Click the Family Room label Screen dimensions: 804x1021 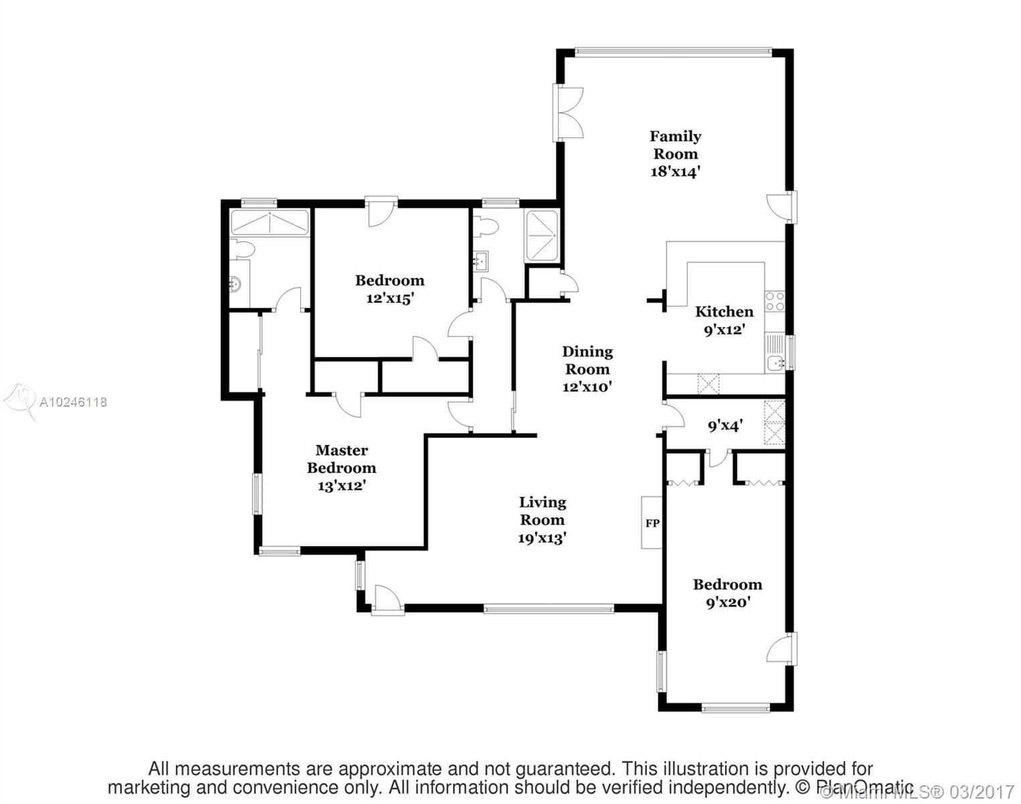coord(675,153)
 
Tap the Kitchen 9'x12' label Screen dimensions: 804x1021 coord(724,320)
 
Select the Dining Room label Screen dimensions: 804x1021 coord(587,368)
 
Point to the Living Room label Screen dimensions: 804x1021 coord(542,519)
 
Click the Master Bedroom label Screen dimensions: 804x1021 coord(342,467)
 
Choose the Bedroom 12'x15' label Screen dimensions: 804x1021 coord(389,289)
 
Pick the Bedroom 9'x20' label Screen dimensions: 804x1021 coord(727,592)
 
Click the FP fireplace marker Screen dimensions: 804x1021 coord(652,523)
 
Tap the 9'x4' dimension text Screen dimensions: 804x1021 coord(725,425)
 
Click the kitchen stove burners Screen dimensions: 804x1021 coord(775,301)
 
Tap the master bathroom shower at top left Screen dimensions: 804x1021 coord(269,222)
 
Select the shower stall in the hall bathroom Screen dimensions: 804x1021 coord(541,236)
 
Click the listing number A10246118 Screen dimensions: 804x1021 coord(73,402)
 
